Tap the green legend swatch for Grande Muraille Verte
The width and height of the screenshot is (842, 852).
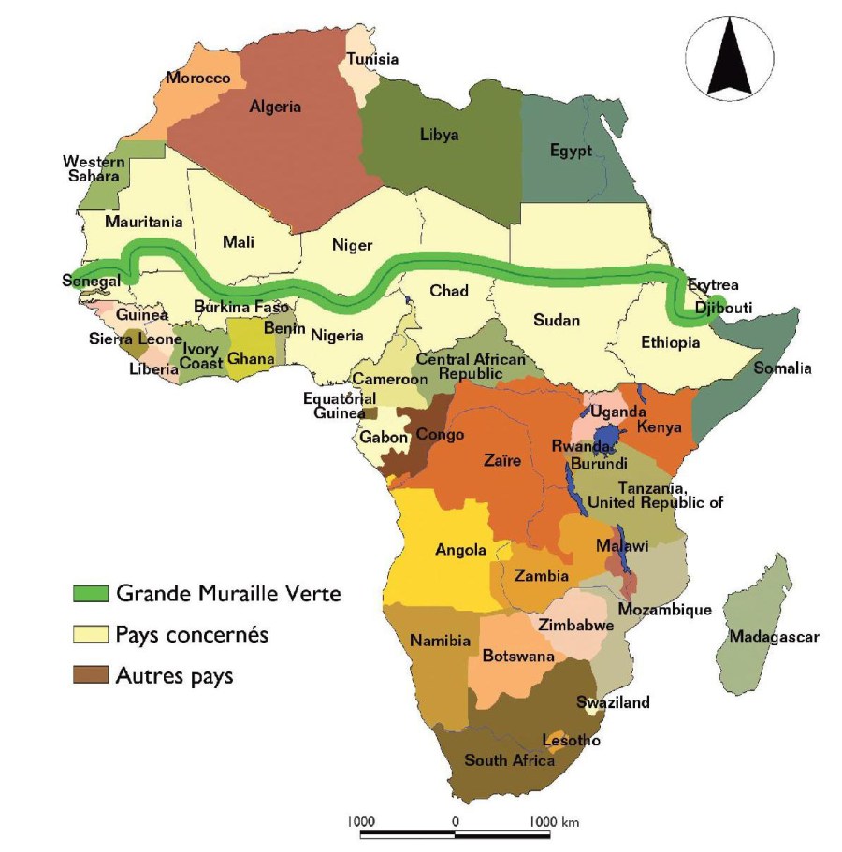pyautogui.click(x=92, y=593)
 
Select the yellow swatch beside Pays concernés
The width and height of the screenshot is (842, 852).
pyautogui.click(x=92, y=634)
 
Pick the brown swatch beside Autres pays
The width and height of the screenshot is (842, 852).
pyautogui.click(x=92, y=675)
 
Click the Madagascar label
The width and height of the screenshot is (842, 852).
pyautogui.click(x=774, y=637)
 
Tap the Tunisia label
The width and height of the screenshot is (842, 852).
pyautogui.click(x=368, y=59)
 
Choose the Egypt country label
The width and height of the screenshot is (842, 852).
pyautogui.click(x=571, y=151)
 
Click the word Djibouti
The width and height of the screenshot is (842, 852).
pyautogui.click(x=724, y=306)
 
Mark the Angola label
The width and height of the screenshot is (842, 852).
pyautogui.click(x=460, y=549)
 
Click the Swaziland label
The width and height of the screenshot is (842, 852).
pyautogui.click(x=613, y=702)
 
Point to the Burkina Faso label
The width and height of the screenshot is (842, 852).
pyautogui.click(x=241, y=307)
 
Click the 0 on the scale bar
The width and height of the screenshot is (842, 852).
pyautogui.click(x=455, y=821)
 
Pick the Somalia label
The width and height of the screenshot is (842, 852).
pyautogui.click(x=783, y=368)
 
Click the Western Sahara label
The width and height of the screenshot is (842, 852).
pyautogui.click(x=94, y=169)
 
